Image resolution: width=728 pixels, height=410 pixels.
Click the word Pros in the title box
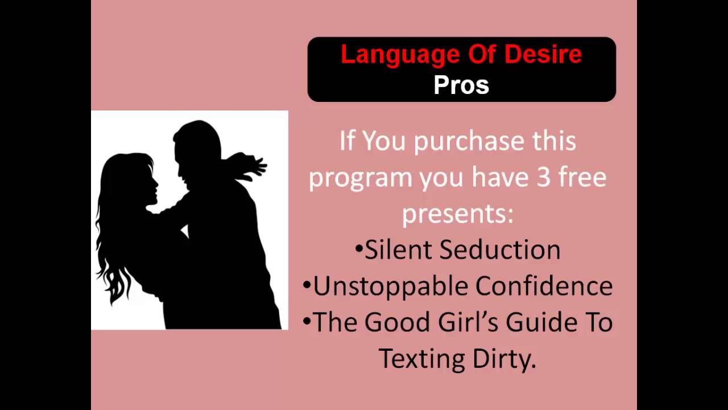click(x=461, y=85)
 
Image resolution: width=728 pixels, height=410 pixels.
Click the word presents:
click(x=458, y=214)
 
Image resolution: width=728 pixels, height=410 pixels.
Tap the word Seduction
click(x=500, y=250)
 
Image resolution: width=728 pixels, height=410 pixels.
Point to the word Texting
click(x=422, y=359)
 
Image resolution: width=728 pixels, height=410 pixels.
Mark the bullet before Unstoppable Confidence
click(x=307, y=285)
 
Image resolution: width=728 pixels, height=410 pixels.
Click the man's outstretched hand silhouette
click(x=256, y=165)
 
